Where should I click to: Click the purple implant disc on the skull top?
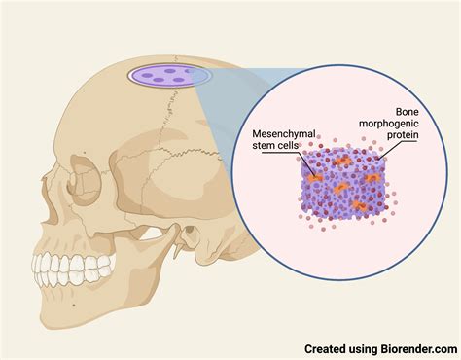click(x=160, y=76)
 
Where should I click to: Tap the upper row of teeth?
click(x=68, y=265)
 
